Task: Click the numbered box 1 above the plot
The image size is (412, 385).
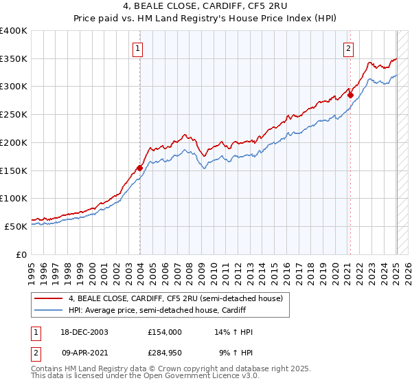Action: pos(139,48)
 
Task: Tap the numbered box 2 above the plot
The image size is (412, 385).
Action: pos(349,48)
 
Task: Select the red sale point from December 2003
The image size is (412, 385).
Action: pos(140,167)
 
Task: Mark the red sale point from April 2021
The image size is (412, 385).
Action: pos(350,95)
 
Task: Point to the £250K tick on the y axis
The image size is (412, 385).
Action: pos(14,114)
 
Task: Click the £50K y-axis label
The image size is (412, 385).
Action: pos(16,225)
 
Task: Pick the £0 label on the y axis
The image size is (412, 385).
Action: pos(23,254)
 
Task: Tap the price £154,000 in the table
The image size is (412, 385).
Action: pos(164,332)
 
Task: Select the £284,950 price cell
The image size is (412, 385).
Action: pos(164,353)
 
